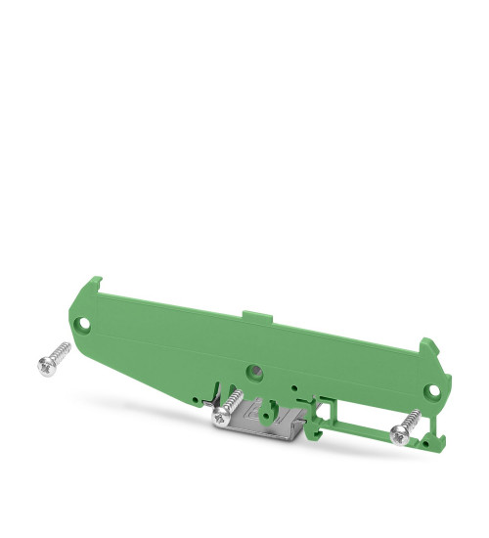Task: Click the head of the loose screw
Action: (x=44, y=365)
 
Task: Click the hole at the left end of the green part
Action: (x=87, y=322)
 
